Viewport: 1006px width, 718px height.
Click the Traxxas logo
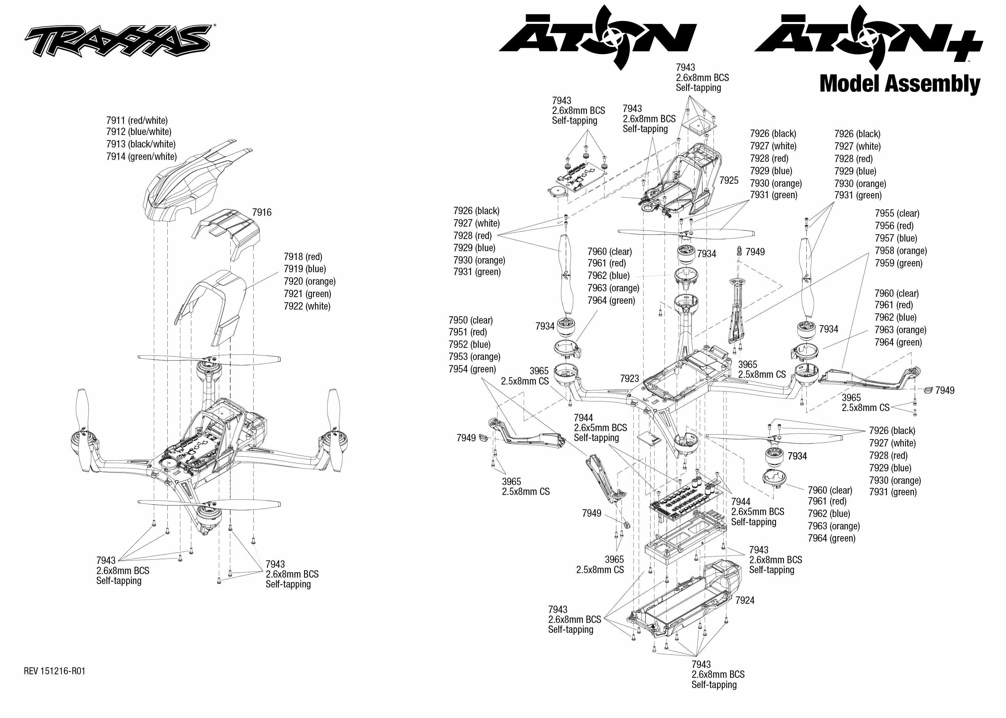click(x=117, y=41)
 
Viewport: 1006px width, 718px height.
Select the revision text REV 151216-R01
click(x=54, y=671)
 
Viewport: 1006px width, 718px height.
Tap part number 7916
click(x=262, y=213)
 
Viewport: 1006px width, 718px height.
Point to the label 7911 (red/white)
click(x=137, y=121)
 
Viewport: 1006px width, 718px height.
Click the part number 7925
click(x=728, y=180)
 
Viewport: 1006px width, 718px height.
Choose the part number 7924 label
click(x=744, y=600)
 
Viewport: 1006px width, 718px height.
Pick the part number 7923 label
click(x=629, y=378)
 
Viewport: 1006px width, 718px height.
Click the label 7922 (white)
click(x=307, y=306)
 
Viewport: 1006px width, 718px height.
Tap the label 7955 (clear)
click(x=897, y=213)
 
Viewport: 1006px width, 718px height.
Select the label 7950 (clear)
click(x=470, y=320)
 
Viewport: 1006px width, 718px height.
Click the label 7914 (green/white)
click(x=141, y=156)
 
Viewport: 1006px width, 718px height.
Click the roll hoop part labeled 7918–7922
click(x=217, y=305)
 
